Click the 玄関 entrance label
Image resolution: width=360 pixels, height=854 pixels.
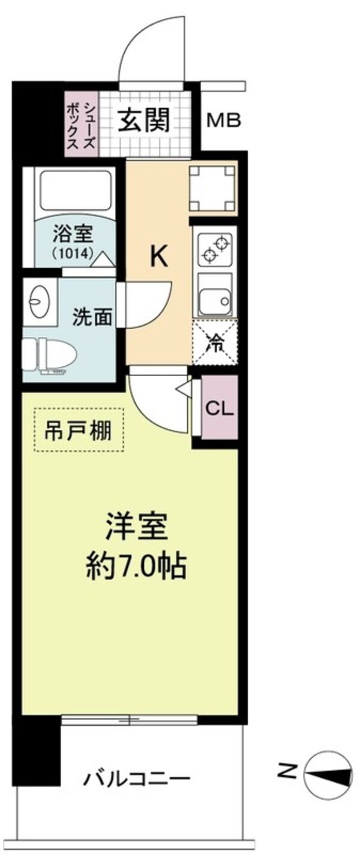tap(142, 121)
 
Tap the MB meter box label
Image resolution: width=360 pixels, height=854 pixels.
tap(223, 121)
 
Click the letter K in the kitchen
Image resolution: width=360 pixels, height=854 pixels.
tap(158, 257)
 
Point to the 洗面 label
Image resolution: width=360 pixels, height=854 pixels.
tap(93, 317)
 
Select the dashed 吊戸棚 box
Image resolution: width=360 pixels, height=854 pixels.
tap(79, 429)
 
